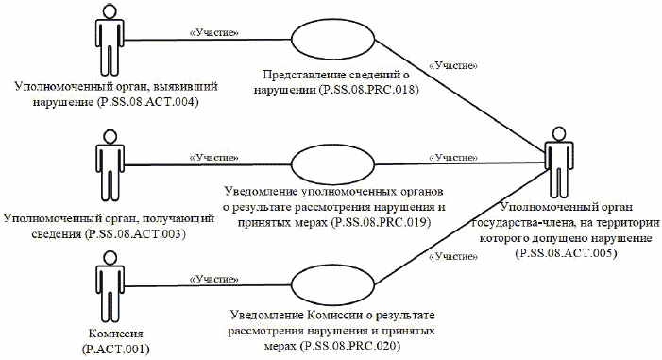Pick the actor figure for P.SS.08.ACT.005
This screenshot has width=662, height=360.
point(554,160)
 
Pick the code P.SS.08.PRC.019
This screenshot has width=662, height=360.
point(374,223)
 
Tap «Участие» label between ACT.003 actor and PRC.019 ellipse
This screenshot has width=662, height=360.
point(212,156)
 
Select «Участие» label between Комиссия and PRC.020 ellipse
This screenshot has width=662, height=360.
point(213,279)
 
